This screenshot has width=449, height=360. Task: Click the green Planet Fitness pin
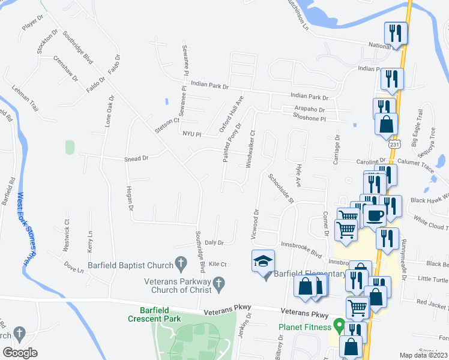(x=339, y=327)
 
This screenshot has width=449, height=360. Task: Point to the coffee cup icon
(x=375, y=215)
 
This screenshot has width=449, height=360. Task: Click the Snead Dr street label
(x=136, y=158)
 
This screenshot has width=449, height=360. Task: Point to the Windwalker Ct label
(x=252, y=149)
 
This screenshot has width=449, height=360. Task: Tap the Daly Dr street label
(x=214, y=242)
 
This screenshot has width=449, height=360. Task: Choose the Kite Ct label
(x=218, y=264)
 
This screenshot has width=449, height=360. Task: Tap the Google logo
(x=20, y=353)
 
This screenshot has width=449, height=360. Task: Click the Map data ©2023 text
(x=423, y=355)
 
